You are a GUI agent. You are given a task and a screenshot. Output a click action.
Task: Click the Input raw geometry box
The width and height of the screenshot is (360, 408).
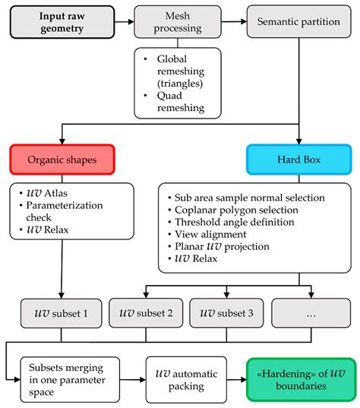click(62, 22)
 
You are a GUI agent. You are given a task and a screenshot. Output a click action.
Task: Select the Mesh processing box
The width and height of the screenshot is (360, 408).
click(178, 22)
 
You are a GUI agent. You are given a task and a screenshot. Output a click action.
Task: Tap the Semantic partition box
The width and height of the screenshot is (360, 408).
click(299, 22)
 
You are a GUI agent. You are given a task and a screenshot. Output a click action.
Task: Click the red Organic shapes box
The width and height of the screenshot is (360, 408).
click(62, 160)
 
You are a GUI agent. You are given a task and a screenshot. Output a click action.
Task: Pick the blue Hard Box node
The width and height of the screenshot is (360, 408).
click(299, 160)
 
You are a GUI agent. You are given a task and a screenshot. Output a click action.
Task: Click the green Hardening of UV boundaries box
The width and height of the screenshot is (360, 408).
click(302, 380)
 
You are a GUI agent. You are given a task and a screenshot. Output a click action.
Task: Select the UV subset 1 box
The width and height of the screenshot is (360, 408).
click(61, 313)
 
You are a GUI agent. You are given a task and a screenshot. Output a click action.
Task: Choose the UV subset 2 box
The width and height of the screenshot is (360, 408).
click(146, 313)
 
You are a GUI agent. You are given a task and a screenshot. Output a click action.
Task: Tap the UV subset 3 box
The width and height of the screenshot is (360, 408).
click(226, 313)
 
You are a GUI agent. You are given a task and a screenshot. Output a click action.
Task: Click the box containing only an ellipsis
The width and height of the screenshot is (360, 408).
click(311, 313)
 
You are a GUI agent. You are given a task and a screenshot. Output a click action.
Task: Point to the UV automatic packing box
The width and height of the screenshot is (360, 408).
click(186, 380)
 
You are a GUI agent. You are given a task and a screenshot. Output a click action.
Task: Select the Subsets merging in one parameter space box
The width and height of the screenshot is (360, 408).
click(70, 380)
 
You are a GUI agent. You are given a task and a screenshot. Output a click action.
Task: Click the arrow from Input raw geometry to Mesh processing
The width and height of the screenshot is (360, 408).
click(125, 22)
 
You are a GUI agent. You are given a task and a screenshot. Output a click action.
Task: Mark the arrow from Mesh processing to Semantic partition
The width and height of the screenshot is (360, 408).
click(234, 21)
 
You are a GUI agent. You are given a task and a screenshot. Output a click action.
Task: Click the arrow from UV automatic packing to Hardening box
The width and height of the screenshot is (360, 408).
click(237, 380)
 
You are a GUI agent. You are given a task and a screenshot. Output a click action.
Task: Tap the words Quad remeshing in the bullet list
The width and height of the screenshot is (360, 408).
click(181, 102)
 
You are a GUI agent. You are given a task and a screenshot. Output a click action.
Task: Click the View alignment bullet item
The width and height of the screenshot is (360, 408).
click(210, 234)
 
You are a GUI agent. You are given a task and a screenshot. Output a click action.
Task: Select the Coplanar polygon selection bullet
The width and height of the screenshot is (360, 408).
click(236, 210)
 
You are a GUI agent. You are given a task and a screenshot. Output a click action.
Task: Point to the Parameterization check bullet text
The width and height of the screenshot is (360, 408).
click(65, 211)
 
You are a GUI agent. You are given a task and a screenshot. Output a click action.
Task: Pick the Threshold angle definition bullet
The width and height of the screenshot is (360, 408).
click(235, 222)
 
